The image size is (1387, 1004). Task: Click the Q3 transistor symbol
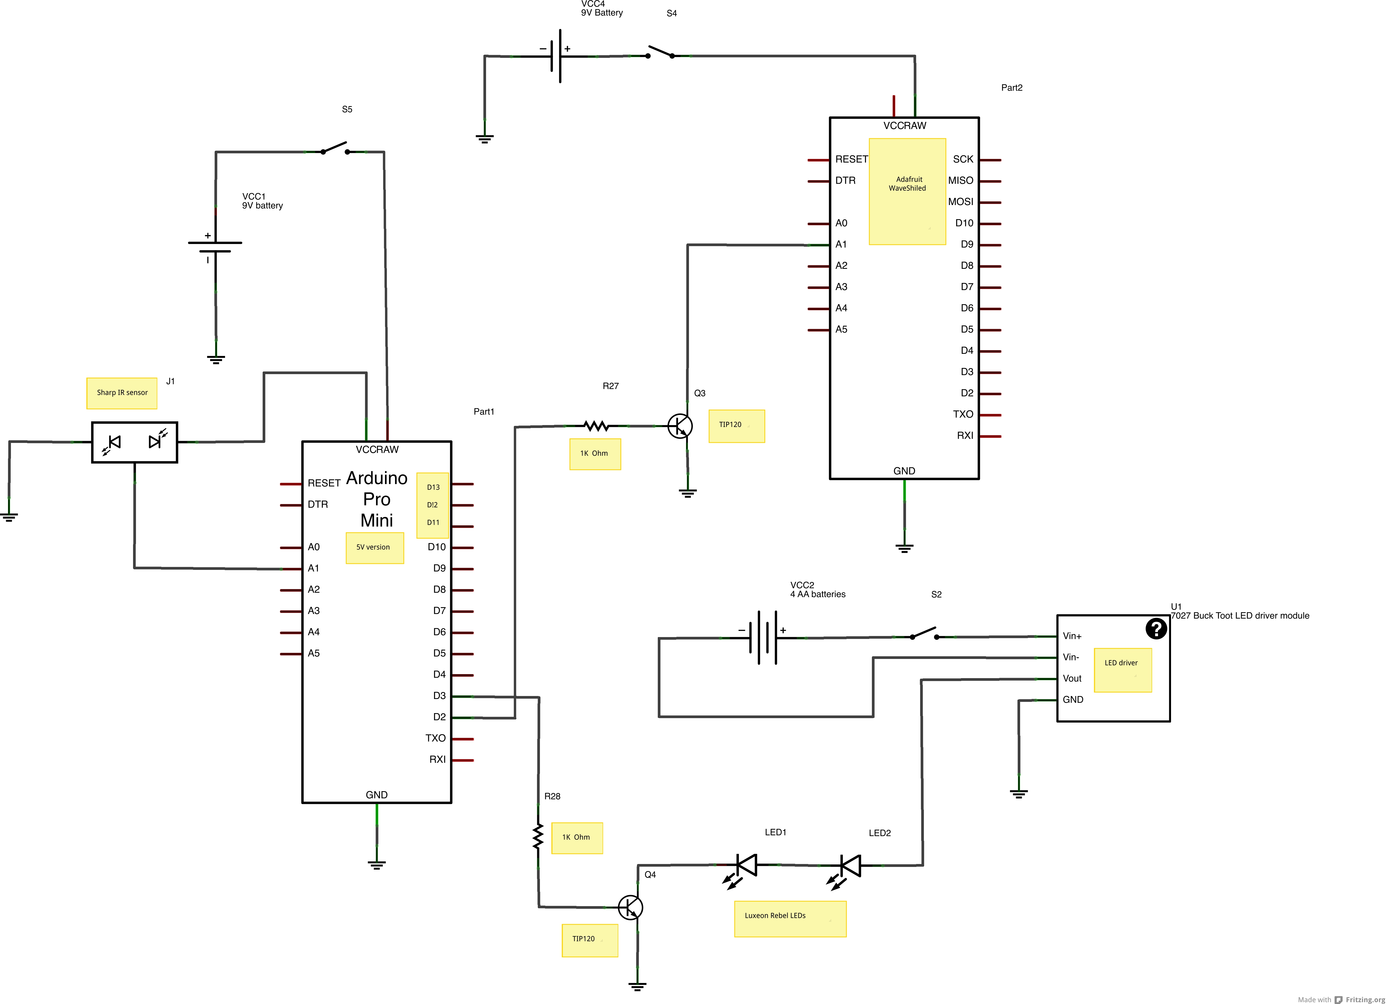[679, 426]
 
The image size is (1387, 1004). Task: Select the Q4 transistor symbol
[630, 907]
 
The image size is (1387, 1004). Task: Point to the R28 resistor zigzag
[538, 836]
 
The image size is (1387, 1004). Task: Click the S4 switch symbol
[660, 53]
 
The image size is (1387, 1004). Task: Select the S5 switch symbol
[335, 149]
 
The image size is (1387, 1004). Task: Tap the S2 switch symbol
[924, 634]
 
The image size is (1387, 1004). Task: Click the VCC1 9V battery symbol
[215, 247]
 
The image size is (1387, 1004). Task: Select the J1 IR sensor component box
[135, 442]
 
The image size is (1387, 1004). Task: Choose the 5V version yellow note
[374, 547]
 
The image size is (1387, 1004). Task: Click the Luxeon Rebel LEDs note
[789, 918]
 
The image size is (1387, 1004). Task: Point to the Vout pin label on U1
[1072, 678]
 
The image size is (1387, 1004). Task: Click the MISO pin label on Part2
[960, 181]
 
